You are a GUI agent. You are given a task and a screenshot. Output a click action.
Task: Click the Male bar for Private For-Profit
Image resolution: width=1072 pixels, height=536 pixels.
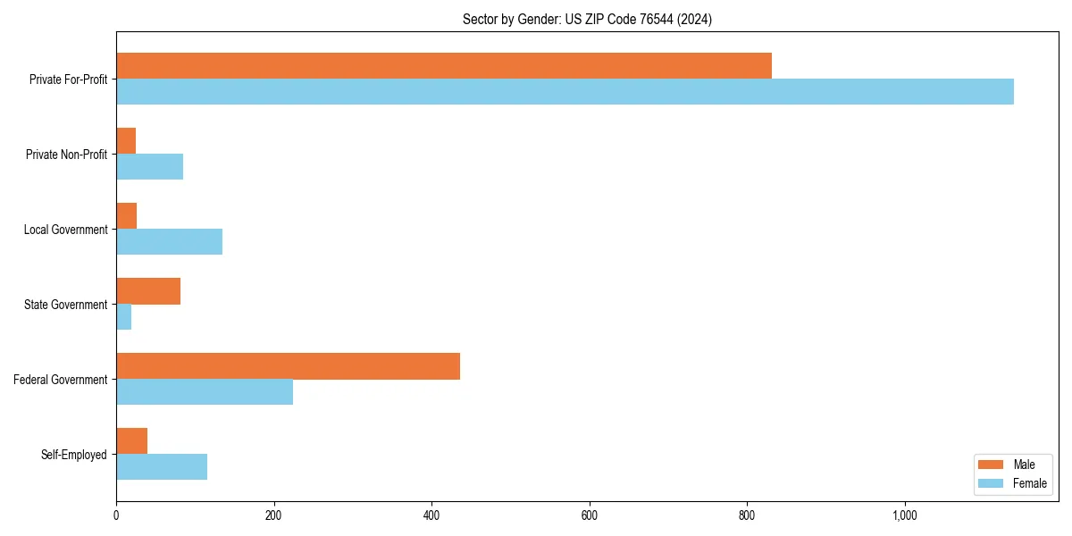[444, 66]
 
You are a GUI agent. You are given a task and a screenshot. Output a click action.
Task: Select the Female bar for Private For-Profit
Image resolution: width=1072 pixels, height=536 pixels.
[565, 92]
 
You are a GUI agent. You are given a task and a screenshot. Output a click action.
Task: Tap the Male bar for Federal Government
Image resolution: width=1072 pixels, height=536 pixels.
[288, 366]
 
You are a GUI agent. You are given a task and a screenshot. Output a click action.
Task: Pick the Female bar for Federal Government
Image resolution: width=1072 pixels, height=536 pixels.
[205, 392]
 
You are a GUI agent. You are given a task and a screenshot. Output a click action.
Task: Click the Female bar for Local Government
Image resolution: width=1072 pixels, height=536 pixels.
[169, 242]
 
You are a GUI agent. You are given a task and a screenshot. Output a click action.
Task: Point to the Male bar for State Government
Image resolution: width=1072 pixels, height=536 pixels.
[148, 291]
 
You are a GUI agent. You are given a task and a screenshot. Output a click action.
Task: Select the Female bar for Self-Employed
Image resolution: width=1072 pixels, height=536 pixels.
[162, 467]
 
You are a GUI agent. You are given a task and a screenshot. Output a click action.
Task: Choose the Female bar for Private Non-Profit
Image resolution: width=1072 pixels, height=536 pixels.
[149, 167]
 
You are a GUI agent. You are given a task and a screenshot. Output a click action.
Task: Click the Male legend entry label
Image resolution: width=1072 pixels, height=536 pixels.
[1024, 465]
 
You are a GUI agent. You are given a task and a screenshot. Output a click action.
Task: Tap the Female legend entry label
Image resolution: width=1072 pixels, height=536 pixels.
[1029, 482]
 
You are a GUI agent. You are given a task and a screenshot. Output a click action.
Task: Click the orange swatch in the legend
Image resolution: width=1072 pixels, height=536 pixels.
[992, 465]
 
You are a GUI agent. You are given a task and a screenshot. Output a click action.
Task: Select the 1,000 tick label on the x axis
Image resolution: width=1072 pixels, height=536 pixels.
[904, 515]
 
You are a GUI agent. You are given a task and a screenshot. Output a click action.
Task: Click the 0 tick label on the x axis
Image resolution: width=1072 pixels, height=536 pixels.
[116, 515]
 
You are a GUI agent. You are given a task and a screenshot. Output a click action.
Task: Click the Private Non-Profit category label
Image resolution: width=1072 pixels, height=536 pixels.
[66, 155]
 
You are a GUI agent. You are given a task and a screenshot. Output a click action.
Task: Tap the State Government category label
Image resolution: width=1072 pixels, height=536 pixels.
[66, 305]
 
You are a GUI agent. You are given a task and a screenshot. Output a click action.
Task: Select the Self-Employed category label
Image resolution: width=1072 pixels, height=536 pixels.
[74, 455]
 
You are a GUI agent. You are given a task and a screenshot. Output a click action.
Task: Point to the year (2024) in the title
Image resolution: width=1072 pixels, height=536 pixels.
[695, 19]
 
